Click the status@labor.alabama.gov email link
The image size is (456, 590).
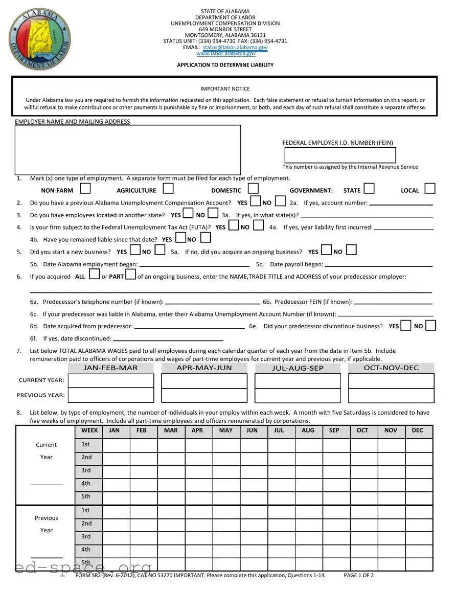(x=235, y=47)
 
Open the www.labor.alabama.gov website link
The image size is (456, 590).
(x=225, y=53)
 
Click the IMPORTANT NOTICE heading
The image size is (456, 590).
(x=225, y=89)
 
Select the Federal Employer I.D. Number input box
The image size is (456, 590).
(x=340, y=155)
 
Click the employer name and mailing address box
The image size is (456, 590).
(x=128, y=150)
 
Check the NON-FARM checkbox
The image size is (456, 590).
(x=85, y=189)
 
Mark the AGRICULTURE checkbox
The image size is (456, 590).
(x=168, y=189)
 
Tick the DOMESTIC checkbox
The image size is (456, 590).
(x=253, y=189)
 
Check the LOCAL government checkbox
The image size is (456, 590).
(x=430, y=189)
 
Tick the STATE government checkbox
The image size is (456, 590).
(x=369, y=189)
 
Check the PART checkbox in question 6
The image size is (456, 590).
(x=130, y=275)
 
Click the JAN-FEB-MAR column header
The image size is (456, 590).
(x=110, y=368)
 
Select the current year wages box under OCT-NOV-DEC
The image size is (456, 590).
(x=391, y=381)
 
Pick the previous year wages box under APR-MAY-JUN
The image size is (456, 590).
(x=204, y=396)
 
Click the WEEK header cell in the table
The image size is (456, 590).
(x=89, y=431)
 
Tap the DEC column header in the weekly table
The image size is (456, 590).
(x=417, y=431)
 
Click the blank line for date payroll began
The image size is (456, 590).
(x=379, y=265)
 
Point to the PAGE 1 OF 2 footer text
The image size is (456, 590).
(x=359, y=576)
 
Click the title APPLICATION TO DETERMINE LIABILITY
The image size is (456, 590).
(x=225, y=65)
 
